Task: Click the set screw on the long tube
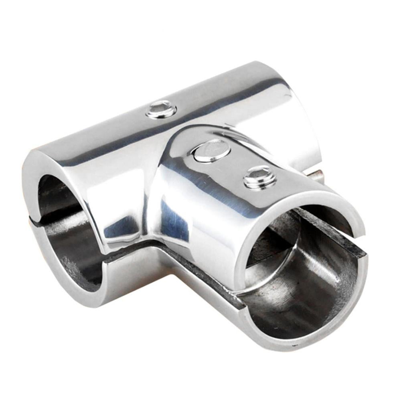click(x=161, y=109)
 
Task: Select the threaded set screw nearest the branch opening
click(x=260, y=177)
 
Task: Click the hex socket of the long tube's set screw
click(x=161, y=107)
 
